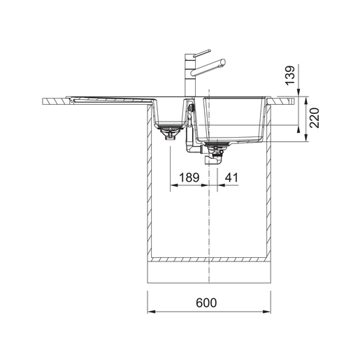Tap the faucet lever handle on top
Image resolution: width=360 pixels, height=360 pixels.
[202, 53]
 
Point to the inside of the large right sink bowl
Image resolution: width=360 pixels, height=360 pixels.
[231, 119]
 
